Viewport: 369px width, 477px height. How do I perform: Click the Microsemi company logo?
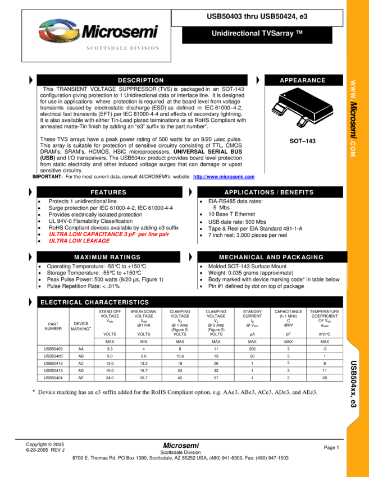coord(98,31)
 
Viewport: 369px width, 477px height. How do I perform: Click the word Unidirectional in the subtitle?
coord(236,34)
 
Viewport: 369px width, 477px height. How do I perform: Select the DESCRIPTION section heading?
coord(141,80)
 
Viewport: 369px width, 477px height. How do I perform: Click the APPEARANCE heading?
coord(303,80)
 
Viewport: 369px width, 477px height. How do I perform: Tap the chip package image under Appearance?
coord(302,107)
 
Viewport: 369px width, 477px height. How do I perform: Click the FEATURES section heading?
coord(108,192)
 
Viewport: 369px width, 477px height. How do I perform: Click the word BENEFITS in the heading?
coord(297,192)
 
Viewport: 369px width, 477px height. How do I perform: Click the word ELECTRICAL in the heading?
coord(61,302)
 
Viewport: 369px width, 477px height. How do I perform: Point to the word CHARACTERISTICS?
coord(117,302)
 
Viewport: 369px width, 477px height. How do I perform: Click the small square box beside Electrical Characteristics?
coord(29,302)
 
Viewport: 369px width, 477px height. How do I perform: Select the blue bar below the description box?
coord(224,177)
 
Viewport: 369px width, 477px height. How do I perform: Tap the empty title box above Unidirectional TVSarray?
coord(257,18)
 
